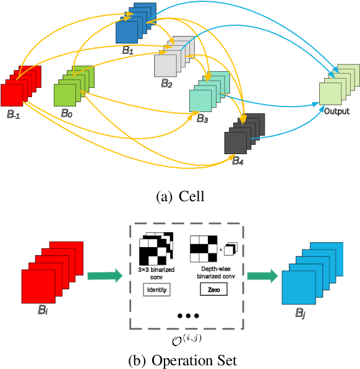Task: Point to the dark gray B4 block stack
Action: point(244,133)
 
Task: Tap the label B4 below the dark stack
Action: point(238,160)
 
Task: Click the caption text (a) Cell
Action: point(180,196)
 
